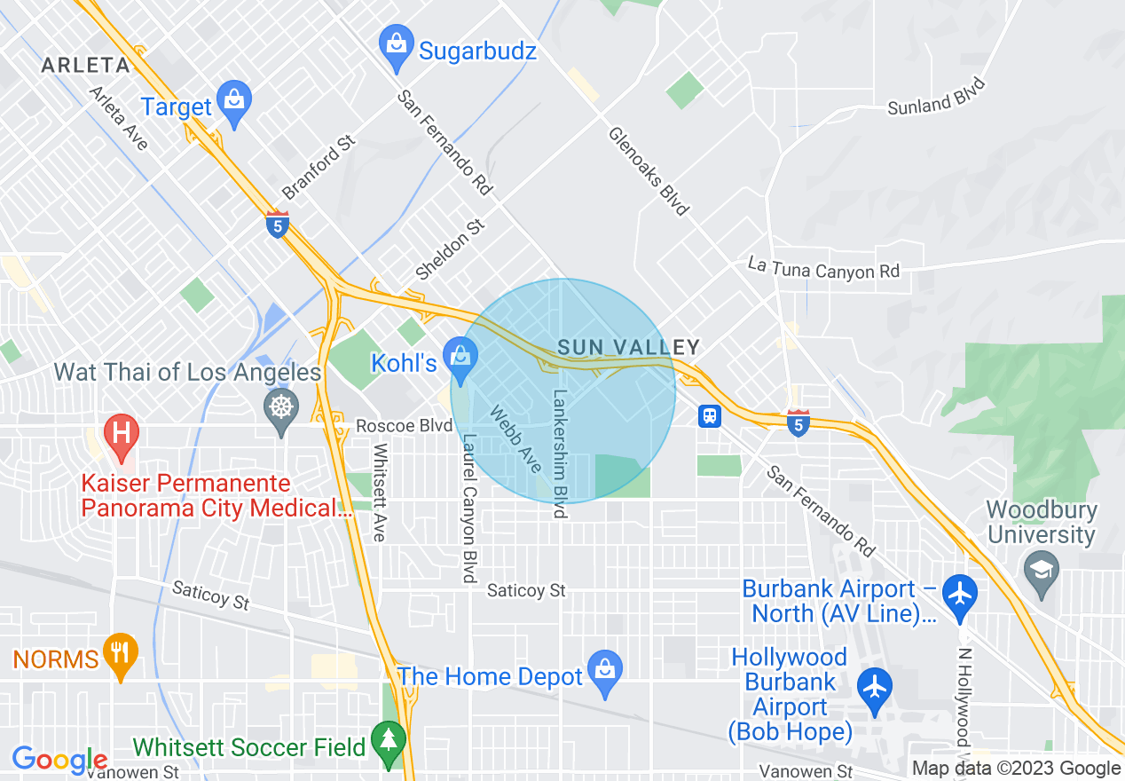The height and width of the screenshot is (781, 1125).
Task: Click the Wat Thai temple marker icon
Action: click(281, 409)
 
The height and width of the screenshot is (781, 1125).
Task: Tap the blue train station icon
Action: click(709, 415)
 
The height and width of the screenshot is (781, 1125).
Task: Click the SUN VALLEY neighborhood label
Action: click(629, 347)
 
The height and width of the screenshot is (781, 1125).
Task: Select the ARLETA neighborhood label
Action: click(86, 65)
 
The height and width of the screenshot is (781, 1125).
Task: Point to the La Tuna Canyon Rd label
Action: click(823, 268)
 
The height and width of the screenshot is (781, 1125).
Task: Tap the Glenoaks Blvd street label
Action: click(648, 170)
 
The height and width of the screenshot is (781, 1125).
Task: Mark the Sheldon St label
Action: click(451, 249)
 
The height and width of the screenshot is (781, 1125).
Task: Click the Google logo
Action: click(59, 760)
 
